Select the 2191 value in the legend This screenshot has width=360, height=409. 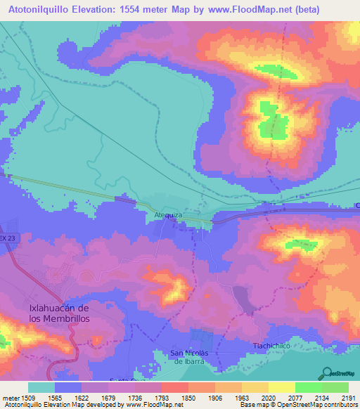click(348, 397)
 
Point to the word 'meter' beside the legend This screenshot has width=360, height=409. click(10, 397)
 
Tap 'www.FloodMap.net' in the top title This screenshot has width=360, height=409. click(241, 9)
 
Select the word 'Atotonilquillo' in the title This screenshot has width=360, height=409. click(44, 9)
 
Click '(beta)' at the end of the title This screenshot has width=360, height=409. click(307, 9)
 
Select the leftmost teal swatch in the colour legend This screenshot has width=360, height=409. click(41, 387)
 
